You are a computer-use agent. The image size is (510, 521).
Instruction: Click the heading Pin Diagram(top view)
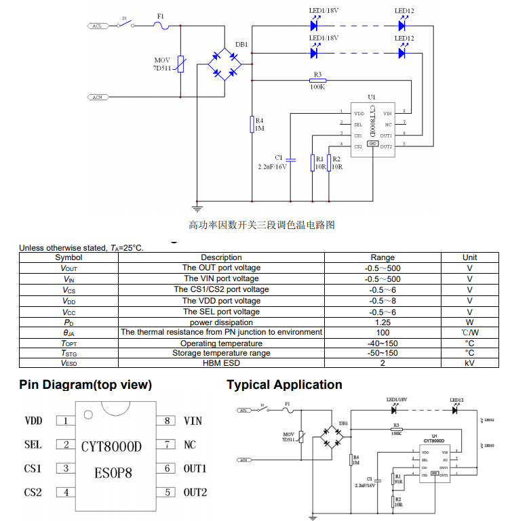[85, 385]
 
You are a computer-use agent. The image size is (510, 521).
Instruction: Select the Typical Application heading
[284, 385]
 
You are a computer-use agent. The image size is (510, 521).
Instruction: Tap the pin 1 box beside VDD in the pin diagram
[65, 421]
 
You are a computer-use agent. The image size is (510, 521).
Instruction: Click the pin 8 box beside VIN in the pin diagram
[167, 421]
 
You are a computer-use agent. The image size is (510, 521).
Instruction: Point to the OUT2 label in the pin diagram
[195, 492]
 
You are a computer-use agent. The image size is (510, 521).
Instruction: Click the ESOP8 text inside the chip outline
[113, 472]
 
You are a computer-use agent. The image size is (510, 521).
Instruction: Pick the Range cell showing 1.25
[382, 322]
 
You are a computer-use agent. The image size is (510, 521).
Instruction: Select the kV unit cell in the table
[469, 364]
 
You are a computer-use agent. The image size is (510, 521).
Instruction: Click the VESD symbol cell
[69, 364]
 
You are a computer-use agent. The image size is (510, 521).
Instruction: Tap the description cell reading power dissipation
[221, 322]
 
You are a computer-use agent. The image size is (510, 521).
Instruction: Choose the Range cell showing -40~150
[382, 343]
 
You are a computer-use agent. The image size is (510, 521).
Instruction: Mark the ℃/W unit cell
[469, 333]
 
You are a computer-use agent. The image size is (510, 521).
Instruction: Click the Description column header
[221, 257]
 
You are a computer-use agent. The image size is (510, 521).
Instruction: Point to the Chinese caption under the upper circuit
[262, 224]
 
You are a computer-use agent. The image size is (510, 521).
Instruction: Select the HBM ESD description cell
[221, 364]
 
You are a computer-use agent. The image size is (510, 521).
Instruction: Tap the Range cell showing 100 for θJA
[382, 333]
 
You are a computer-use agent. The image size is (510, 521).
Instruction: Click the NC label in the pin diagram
[189, 445]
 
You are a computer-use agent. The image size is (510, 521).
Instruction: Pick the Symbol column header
[69, 257]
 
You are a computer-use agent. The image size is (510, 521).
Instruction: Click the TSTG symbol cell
[69, 354]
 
